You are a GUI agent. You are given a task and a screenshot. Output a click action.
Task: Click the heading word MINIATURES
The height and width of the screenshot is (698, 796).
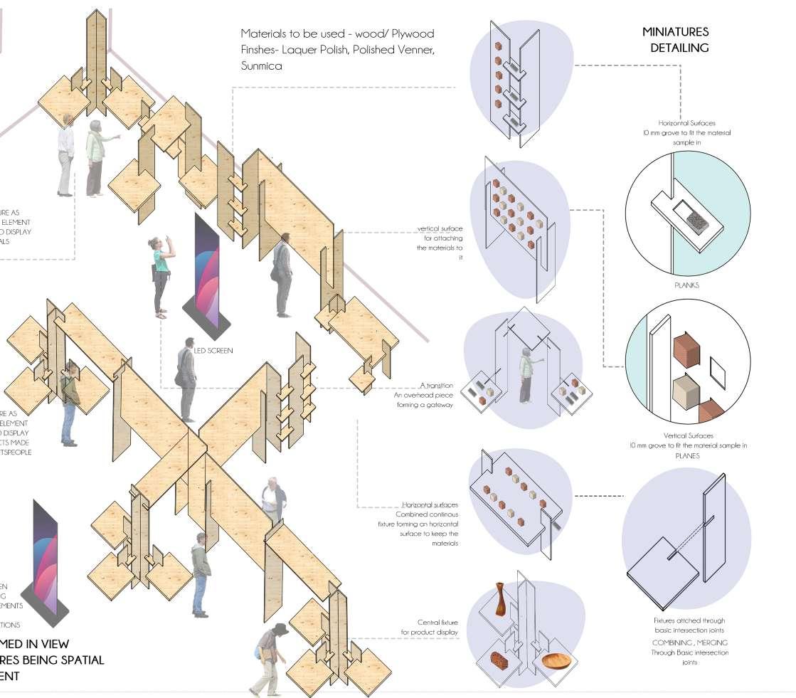[x=675, y=32]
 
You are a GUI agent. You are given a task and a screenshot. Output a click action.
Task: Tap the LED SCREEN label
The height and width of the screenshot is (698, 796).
[x=213, y=351]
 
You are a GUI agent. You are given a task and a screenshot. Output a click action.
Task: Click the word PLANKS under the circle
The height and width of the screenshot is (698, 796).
[x=686, y=285]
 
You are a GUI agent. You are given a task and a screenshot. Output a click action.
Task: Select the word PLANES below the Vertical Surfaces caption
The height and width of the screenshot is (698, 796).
[x=687, y=456]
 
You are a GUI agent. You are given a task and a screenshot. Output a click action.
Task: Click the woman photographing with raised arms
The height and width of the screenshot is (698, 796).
[x=161, y=274]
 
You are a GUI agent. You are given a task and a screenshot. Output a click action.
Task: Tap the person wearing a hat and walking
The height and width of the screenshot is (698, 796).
[x=271, y=658]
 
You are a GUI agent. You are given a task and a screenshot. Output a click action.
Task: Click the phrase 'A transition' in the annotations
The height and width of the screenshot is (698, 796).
[x=436, y=385]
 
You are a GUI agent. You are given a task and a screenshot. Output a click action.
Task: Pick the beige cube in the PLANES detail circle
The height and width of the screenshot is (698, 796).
[x=686, y=392]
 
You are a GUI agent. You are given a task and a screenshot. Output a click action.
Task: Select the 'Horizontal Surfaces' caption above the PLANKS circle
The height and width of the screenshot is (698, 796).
[x=686, y=124]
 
